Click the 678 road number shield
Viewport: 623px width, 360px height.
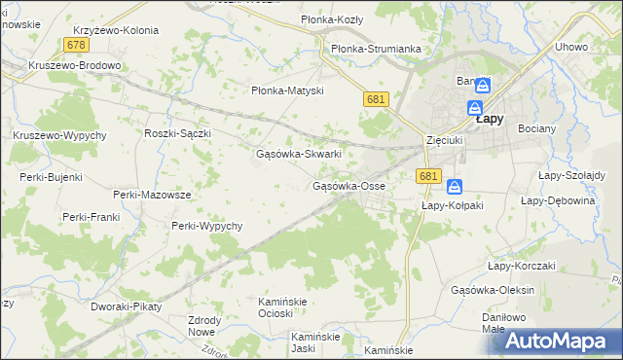pos(78,46)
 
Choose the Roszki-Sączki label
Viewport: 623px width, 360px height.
pos(177,132)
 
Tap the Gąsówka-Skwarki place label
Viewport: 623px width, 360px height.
pos(298,154)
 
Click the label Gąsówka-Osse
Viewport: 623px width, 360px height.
pos(348,186)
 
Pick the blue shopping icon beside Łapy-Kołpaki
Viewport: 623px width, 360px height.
pos(455,187)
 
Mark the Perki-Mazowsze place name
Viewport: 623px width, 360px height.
pos(152,195)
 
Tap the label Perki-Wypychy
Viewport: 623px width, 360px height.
pos(206,226)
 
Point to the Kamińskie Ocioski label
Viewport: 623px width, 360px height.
pos(281,306)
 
